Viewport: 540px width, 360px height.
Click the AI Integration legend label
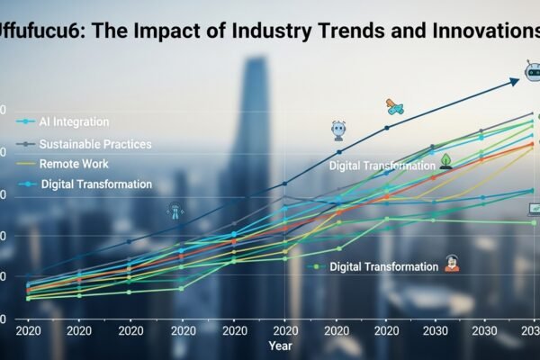[75, 121]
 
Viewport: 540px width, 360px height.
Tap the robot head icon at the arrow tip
[531, 70]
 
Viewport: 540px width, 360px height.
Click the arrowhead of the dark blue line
[515, 81]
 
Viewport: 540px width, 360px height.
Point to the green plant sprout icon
[445, 160]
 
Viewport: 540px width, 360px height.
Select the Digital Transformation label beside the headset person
[383, 267]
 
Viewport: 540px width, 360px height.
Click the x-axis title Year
[279, 346]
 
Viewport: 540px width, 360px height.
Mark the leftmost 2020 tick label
[29, 330]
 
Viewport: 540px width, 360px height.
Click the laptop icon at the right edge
[533, 209]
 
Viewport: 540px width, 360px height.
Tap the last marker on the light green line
[533, 222]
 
